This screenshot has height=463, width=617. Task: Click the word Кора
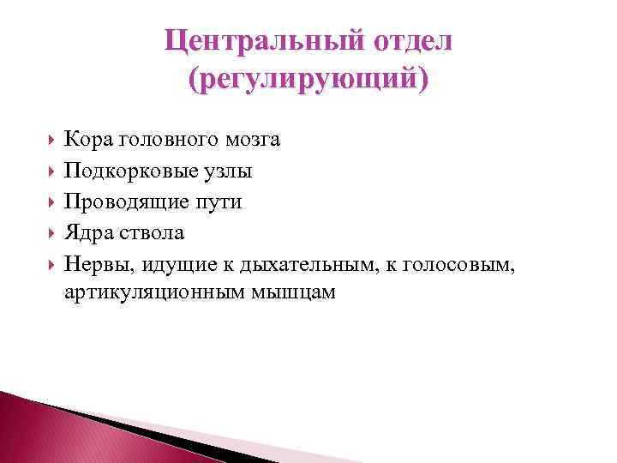pyautogui.click(x=87, y=139)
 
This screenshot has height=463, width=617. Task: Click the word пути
pyautogui.click(x=219, y=201)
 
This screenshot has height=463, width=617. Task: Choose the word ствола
pyautogui.click(x=150, y=232)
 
